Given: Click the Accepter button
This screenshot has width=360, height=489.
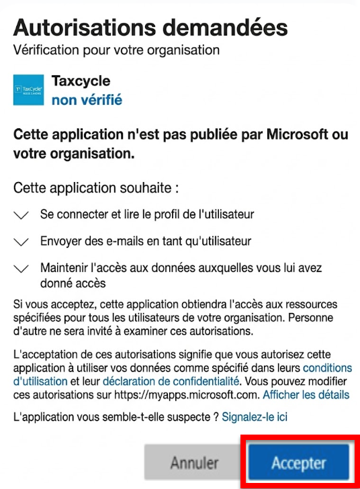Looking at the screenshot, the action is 299,463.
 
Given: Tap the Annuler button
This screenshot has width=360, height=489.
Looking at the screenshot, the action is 194,463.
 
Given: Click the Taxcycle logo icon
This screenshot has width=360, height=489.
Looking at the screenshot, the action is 28,90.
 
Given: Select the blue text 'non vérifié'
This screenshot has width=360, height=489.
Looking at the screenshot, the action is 87,100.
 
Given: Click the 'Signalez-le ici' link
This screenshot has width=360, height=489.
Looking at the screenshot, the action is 255,417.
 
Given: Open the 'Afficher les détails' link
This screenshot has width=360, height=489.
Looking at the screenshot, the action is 306,394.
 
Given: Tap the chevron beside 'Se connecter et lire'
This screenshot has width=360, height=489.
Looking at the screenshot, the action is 21,215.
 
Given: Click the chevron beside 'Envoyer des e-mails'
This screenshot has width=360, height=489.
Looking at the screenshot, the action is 21,241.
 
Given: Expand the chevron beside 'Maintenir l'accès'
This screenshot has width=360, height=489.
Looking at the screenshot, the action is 21,268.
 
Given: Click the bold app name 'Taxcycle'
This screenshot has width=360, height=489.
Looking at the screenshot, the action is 81,81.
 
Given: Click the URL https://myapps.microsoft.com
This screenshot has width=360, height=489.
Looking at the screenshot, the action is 195,394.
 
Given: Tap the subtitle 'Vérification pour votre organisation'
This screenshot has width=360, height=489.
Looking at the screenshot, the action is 116,50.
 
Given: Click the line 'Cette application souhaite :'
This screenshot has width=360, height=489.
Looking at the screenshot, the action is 96,187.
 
